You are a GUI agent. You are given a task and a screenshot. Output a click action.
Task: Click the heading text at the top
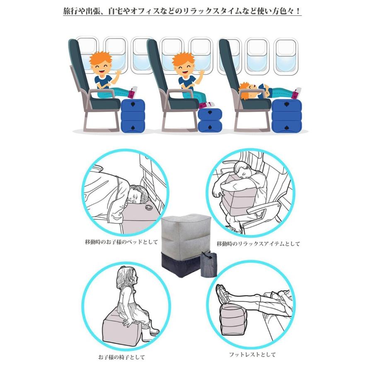coord(182,11)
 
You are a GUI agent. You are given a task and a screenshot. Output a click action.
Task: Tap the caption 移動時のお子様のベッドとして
coord(121,242)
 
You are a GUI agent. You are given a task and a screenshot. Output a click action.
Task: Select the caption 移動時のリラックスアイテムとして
coord(258,244)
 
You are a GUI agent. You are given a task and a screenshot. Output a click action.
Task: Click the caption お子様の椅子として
coord(121,357)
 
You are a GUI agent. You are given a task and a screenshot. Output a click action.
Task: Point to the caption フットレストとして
coord(252,354)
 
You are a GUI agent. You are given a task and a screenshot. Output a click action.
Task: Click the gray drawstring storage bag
coord(208,264)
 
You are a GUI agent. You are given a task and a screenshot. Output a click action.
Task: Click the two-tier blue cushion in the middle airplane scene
coord(210,120)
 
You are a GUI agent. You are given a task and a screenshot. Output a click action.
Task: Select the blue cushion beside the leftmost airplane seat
coord(133,115)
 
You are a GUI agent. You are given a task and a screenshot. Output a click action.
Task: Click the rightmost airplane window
coord(286,57)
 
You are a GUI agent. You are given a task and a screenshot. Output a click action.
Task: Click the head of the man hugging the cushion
coord(242,171)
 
